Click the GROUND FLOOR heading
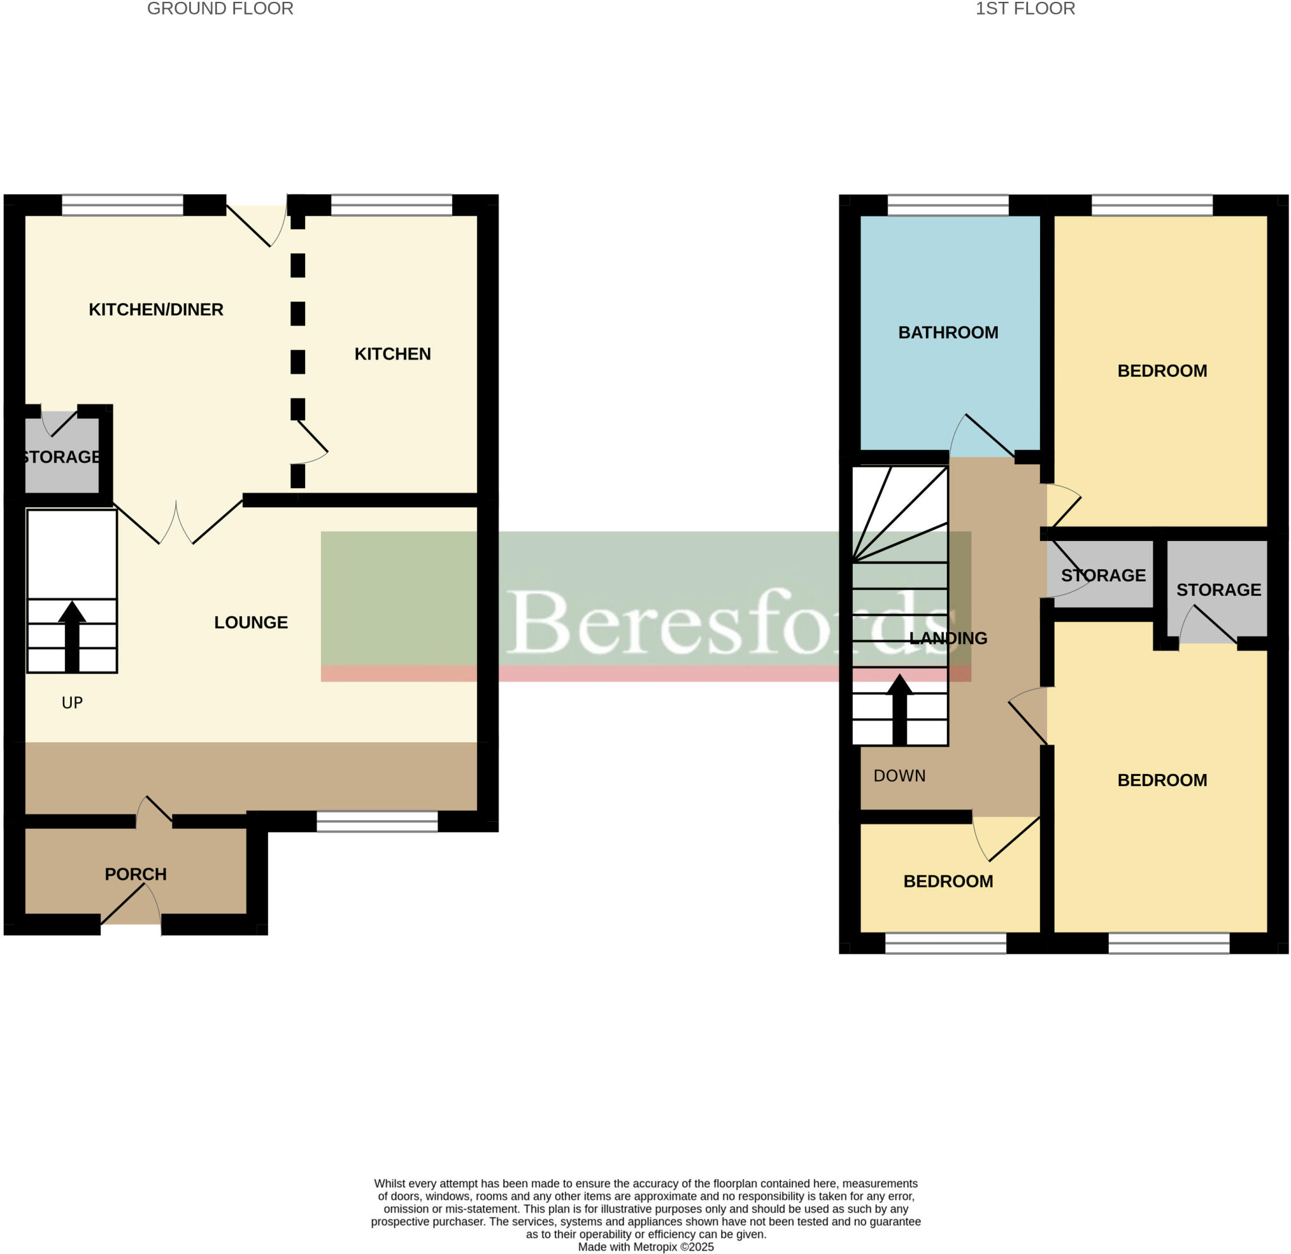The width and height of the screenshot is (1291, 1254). (x=220, y=9)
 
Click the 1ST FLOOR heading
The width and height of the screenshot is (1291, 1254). (x=1025, y=9)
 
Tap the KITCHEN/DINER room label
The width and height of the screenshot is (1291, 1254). (x=156, y=309)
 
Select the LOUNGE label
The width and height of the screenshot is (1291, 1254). (x=251, y=622)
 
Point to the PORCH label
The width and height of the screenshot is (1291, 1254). (x=136, y=874)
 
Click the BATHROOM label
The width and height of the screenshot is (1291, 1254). (x=947, y=333)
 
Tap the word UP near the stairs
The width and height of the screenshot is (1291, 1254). (x=72, y=703)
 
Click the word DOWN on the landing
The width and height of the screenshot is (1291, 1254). (x=899, y=776)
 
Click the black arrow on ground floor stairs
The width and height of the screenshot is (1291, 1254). (x=72, y=636)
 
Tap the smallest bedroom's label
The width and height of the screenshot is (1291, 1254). (x=947, y=881)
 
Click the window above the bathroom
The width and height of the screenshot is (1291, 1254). (x=947, y=205)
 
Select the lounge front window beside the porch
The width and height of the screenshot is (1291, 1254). (x=377, y=821)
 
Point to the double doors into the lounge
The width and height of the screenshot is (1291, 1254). (x=177, y=523)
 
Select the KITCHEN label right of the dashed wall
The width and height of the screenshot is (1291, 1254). (x=393, y=355)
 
